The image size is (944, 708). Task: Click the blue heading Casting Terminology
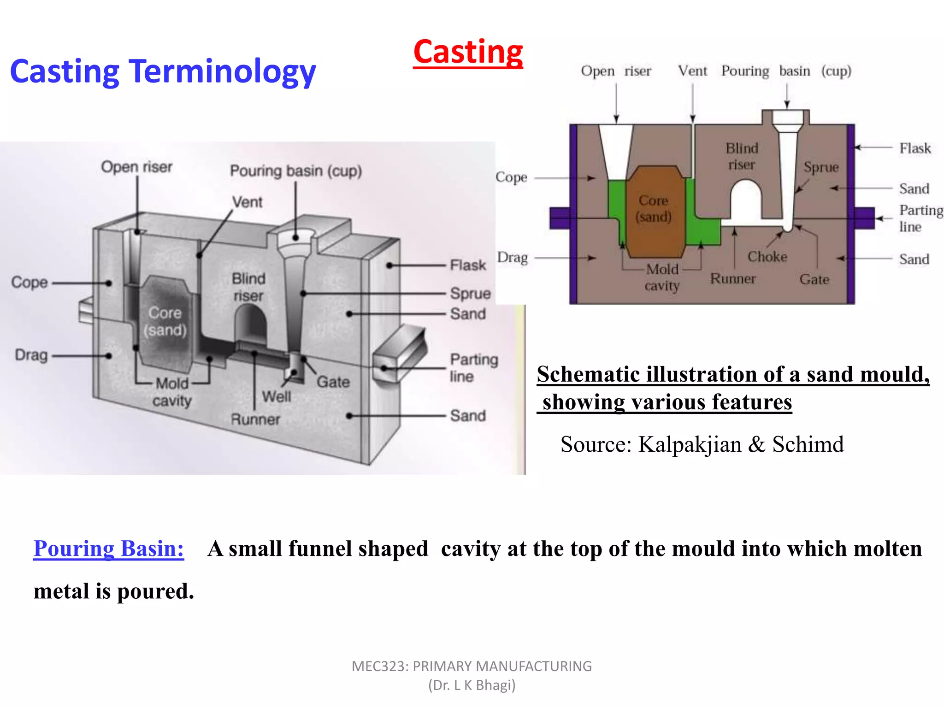click(x=163, y=71)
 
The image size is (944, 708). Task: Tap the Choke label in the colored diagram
click(x=767, y=257)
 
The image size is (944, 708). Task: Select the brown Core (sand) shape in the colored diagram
click(x=654, y=212)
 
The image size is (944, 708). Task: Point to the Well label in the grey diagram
click(x=276, y=396)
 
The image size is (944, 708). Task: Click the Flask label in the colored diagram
click(x=915, y=148)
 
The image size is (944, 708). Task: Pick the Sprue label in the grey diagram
click(x=470, y=294)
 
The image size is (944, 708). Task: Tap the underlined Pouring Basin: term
click(x=109, y=549)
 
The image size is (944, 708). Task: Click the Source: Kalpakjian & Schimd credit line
click(x=702, y=444)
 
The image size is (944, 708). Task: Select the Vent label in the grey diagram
click(x=247, y=202)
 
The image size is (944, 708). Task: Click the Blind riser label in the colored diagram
click(x=742, y=156)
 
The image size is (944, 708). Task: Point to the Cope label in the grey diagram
click(x=29, y=282)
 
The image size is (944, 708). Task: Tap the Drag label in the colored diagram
click(x=512, y=258)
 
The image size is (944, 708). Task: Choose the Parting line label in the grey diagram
click(x=473, y=368)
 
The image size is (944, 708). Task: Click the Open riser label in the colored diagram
click(x=616, y=71)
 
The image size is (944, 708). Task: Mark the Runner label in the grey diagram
click(x=255, y=419)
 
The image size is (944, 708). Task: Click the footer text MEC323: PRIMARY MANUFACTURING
click(x=472, y=667)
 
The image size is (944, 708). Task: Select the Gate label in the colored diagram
click(x=814, y=279)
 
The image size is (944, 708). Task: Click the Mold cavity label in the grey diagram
click(x=172, y=392)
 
